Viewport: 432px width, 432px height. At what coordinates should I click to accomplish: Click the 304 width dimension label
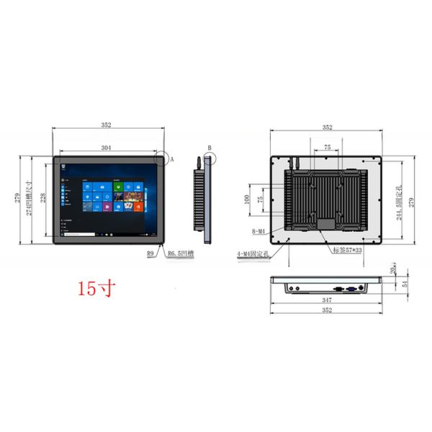(x=106, y=148)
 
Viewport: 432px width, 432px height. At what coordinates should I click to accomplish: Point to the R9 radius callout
(x=151, y=253)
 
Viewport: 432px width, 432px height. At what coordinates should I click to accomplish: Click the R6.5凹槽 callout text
(x=180, y=253)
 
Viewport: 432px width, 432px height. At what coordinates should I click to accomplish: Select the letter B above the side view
(x=209, y=148)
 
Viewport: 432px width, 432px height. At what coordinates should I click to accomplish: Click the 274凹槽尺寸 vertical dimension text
(x=30, y=197)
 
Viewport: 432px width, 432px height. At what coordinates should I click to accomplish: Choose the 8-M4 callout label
(x=258, y=231)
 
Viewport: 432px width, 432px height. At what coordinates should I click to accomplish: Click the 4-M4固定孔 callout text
(x=252, y=254)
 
